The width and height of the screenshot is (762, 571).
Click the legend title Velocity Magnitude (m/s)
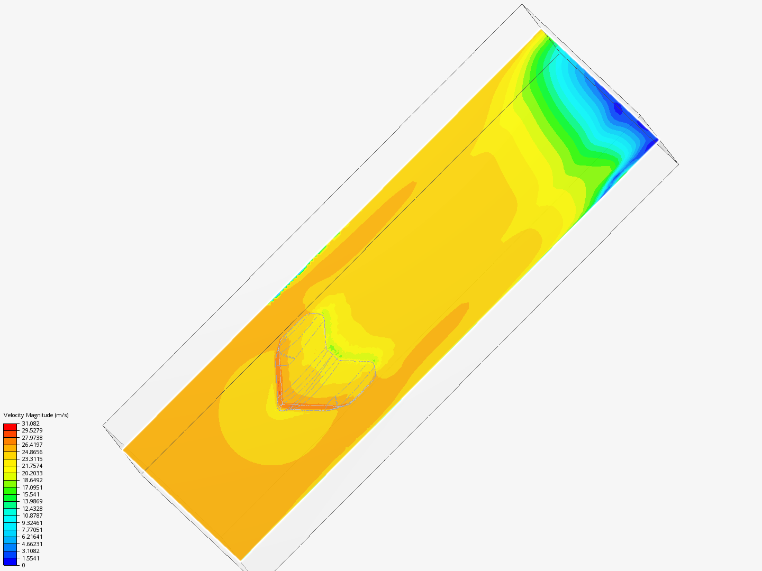tap(36, 416)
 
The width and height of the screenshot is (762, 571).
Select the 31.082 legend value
tap(31, 423)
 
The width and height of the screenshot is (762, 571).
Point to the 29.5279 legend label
tap(32, 430)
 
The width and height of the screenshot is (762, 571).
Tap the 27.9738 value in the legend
tap(32, 438)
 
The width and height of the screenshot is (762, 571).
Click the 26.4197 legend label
tap(32, 445)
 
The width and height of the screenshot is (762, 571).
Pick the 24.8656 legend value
tap(32, 452)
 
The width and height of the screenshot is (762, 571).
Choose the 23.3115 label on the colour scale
tap(32, 459)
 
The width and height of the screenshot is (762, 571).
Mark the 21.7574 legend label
tap(32, 466)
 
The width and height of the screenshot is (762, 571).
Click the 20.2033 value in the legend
tap(32, 473)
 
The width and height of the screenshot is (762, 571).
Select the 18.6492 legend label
tap(32, 480)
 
